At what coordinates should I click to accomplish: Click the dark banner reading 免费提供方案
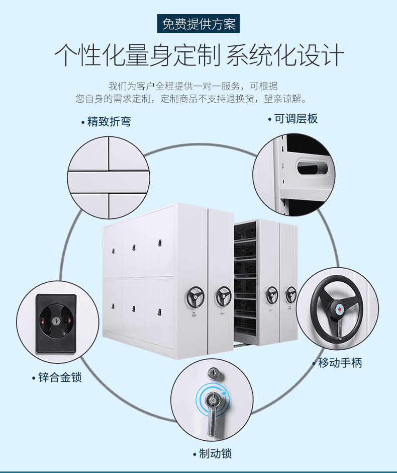click(198, 24)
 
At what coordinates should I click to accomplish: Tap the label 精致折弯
click(109, 122)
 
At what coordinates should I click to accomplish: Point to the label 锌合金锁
click(59, 377)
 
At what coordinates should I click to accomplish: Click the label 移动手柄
click(339, 362)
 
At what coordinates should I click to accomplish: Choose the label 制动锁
click(215, 453)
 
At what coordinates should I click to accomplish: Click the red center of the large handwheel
click(339, 308)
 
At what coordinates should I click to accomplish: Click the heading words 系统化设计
click(285, 56)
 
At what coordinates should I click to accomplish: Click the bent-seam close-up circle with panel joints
click(109, 179)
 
